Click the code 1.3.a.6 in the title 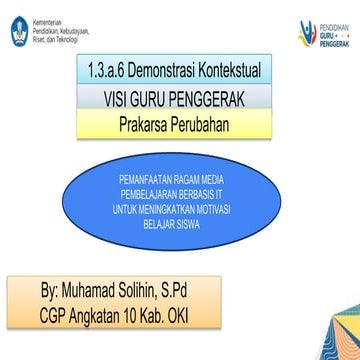click(x=107, y=75)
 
